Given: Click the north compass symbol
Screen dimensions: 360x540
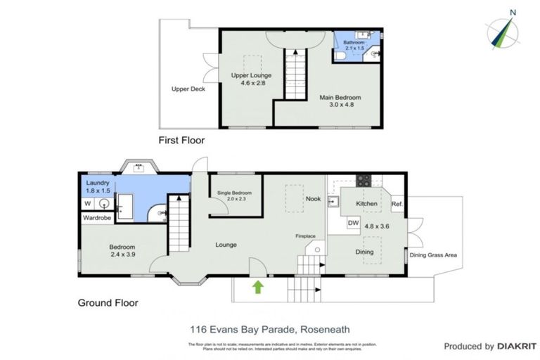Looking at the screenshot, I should (x=503, y=30).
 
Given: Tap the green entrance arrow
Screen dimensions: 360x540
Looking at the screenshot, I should (x=258, y=286).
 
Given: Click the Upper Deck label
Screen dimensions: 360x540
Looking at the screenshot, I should (x=188, y=89).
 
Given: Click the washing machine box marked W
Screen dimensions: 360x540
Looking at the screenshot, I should (x=88, y=204).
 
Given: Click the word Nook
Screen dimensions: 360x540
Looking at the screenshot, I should (x=313, y=199).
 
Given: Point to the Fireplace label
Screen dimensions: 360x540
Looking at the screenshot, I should (x=304, y=237).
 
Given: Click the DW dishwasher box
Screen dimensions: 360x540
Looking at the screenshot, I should (x=354, y=224).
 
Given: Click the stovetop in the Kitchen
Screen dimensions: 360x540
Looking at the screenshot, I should (x=365, y=180).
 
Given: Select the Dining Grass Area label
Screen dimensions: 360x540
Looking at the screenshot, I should (x=434, y=255).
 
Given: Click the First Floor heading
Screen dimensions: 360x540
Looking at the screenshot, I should (x=181, y=140).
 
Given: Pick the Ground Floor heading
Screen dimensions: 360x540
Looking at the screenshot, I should (x=108, y=303).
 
